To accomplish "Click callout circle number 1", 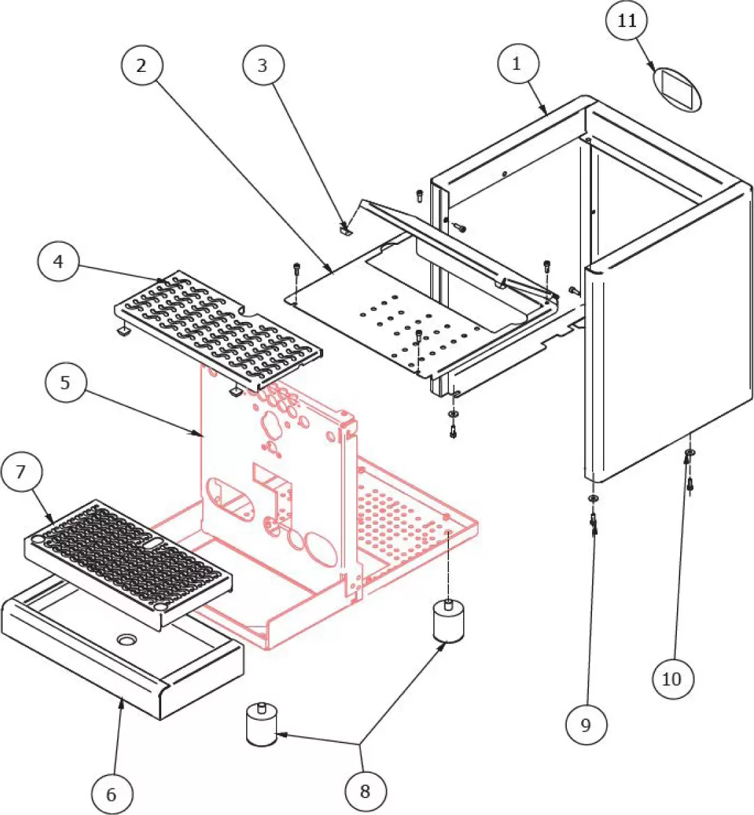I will click(516, 64).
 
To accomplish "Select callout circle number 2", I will click(141, 65).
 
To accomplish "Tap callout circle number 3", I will click(262, 65).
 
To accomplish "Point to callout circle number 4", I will click(59, 261).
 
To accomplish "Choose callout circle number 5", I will click(65, 382).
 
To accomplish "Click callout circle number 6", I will click(111, 793).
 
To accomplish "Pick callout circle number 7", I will click(21, 472).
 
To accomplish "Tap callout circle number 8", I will click(365, 790).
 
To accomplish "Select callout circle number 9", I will click(586, 724).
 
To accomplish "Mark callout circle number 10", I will click(672, 678).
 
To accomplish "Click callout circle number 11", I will click(626, 21).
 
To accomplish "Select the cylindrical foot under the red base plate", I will click(448, 621).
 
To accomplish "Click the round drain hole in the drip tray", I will click(128, 639).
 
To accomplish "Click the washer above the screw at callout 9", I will click(592, 498).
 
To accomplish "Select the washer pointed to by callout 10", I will click(691, 452).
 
